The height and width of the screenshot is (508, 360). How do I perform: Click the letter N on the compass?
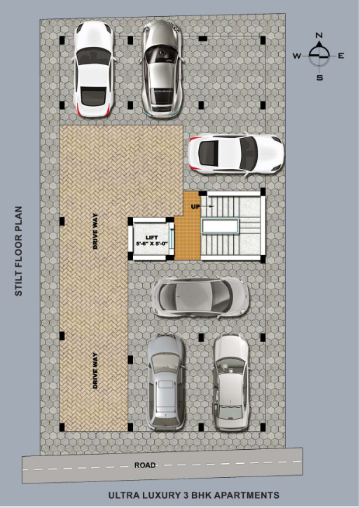click(319, 35)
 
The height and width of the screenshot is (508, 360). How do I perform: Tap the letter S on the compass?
click(319, 78)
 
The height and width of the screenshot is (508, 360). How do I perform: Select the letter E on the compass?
click(341, 56)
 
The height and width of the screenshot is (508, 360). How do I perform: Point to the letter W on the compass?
click(297, 56)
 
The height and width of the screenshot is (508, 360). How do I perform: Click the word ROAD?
click(145, 465)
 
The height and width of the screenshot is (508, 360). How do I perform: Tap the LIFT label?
click(151, 238)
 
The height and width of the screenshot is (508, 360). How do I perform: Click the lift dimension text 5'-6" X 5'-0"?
click(151, 244)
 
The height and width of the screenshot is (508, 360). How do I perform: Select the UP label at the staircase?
click(195, 207)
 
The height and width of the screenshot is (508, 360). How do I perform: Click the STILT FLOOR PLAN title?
click(19, 251)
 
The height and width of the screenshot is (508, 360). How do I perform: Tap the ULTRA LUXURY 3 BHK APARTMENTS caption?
click(193, 495)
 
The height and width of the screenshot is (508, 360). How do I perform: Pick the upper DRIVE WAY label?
click(95, 231)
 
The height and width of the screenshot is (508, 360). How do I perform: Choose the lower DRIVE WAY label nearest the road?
click(95, 371)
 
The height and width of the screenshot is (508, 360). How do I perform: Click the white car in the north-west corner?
click(95, 69)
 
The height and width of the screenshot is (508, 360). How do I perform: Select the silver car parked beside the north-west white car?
click(162, 68)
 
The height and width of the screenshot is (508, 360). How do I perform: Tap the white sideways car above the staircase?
click(236, 153)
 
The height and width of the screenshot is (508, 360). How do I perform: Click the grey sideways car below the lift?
click(200, 297)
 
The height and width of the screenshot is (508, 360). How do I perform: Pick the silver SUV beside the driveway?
click(166, 383)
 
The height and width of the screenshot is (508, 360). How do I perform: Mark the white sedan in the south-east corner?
click(231, 382)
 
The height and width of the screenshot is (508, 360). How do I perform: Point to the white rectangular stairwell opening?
click(220, 226)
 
